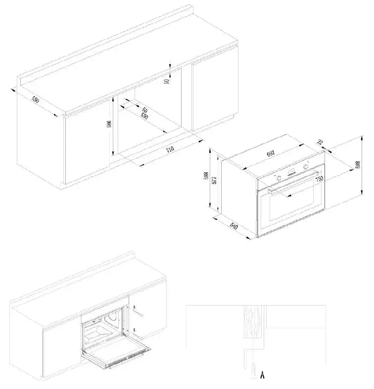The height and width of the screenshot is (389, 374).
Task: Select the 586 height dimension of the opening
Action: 109,124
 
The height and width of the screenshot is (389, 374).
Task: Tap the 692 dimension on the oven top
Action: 271,154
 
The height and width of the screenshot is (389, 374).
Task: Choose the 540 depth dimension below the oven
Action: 234,229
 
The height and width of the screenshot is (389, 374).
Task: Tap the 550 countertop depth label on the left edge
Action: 35,100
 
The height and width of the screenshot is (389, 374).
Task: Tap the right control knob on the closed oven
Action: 306,168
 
